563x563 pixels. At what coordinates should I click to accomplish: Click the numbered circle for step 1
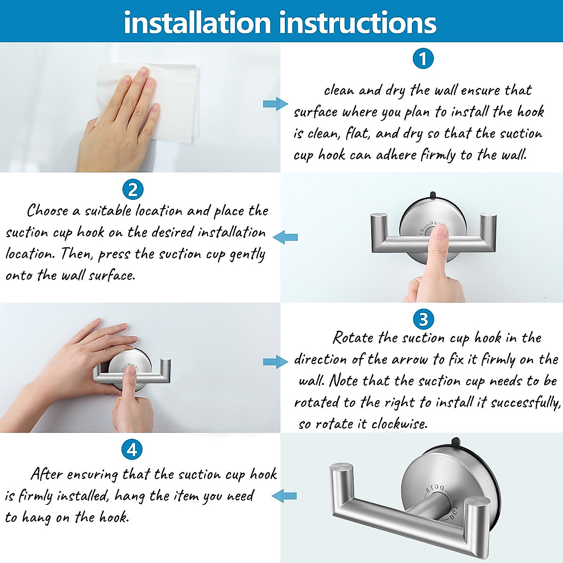(x=423, y=59)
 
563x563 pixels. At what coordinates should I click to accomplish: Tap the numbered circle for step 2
(x=133, y=190)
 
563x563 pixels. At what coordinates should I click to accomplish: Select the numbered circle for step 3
(x=423, y=319)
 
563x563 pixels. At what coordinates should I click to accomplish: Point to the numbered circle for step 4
(x=132, y=449)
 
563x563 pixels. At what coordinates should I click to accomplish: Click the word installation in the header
(x=198, y=23)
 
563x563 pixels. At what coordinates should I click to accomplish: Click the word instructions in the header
(x=358, y=23)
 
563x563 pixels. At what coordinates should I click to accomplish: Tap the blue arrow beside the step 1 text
(x=275, y=104)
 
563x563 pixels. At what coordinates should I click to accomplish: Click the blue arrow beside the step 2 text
(x=285, y=237)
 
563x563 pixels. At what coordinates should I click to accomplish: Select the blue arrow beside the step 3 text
(x=275, y=362)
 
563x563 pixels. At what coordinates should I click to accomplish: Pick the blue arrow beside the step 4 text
(x=284, y=496)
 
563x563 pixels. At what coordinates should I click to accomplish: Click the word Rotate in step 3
(x=353, y=338)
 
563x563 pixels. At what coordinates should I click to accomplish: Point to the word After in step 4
(x=47, y=474)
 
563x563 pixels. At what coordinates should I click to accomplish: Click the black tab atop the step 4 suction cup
(x=457, y=443)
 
